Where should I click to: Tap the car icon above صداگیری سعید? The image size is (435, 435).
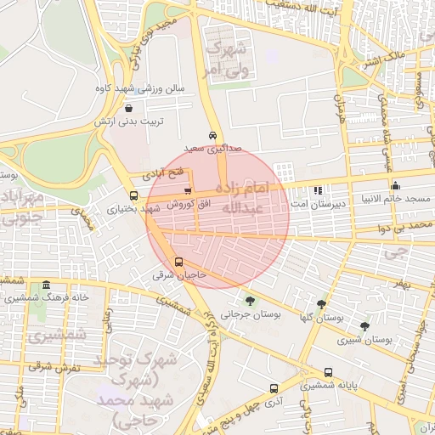click(x=212, y=136)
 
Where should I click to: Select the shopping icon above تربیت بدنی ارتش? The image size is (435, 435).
click(x=128, y=109)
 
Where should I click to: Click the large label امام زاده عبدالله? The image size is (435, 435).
click(x=244, y=197)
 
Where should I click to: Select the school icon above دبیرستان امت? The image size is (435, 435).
click(x=318, y=191)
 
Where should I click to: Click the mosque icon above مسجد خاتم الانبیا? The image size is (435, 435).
click(x=395, y=186)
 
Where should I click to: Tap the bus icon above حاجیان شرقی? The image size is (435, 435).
click(x=178, y=262)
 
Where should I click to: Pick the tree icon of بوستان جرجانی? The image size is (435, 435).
click(x=250, y=300)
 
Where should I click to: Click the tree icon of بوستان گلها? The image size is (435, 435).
click(x=321, y=303)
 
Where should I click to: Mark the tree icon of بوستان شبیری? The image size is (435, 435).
click(x=364, y=325)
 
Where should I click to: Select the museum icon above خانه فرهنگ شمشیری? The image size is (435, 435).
click(x=45, y=285)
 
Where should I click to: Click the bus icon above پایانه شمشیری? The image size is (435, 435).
click(x=329, y=372)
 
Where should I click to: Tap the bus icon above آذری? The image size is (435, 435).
click(x=273, y=387)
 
